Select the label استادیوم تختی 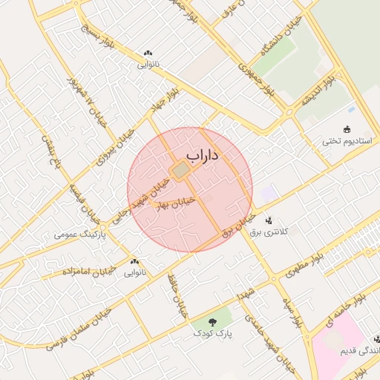coord(346,141)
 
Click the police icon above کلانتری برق coord(269,220)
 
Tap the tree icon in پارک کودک coord(212,322)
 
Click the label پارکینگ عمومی coord(80,235)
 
